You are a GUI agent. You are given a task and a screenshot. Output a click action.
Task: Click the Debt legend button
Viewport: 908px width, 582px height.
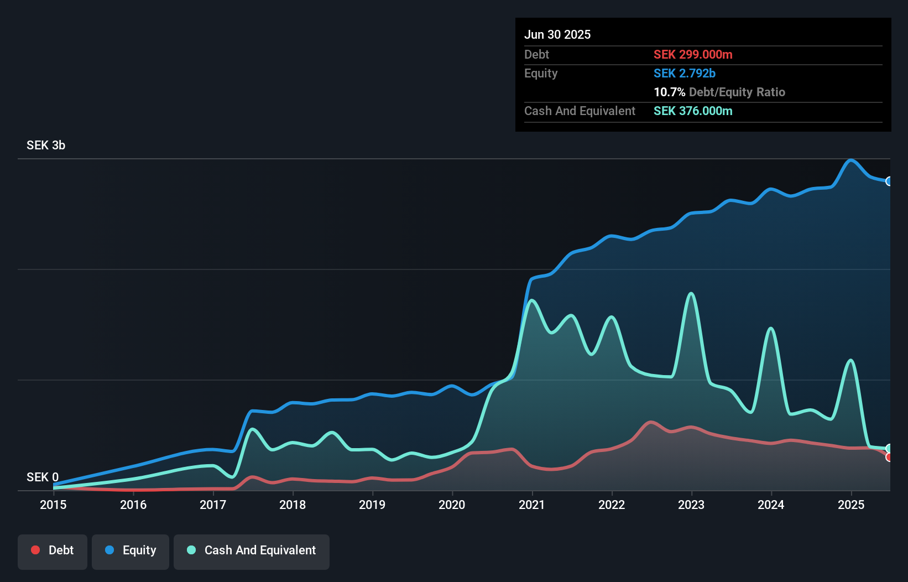tap(53, 550)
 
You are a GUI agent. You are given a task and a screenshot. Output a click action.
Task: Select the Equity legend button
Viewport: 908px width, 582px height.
tap(131, 550)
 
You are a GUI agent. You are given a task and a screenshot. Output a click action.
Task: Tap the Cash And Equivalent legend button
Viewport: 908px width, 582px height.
tap(252, 550)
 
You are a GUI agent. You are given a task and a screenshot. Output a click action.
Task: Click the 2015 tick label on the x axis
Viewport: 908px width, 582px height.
tap(53, 505)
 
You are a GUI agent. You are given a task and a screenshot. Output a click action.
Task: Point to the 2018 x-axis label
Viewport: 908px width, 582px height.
tap(293, 505)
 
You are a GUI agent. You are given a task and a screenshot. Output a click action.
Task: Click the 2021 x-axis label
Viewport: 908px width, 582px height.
tap(531, 505)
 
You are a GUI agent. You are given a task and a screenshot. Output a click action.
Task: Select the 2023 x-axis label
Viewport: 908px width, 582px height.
tap(691, 505)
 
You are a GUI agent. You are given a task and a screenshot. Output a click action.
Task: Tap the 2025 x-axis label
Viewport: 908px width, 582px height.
tap(851, 505)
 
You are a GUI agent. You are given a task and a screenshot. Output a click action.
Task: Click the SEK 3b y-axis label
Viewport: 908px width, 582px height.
tap(46, 145)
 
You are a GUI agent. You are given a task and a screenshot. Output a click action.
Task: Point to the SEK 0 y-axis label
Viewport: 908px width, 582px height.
tap(43, 477)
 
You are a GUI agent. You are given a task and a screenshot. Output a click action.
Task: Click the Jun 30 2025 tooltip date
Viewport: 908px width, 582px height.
tap(557, 35)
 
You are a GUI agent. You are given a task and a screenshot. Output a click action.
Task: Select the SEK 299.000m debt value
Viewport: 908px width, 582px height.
tap(693, 55)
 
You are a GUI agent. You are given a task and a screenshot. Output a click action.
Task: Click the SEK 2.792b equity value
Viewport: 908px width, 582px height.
tap(685, 74)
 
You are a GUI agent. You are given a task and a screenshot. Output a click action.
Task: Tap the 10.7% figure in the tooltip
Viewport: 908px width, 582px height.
tap(669, 92)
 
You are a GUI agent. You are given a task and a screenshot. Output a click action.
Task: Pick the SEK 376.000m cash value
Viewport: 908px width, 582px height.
tap(693, 111)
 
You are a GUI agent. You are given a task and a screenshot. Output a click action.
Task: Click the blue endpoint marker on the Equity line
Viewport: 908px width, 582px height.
tap(889, 181)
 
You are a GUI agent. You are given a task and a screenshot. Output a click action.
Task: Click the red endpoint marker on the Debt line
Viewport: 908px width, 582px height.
tap(889, 457)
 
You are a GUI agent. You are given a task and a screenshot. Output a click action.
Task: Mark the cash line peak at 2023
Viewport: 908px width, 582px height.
tap(691, 294)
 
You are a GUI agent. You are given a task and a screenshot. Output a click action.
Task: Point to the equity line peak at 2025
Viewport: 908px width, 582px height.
tap(851, 160)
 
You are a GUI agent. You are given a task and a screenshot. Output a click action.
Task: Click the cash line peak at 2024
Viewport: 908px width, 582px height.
tap(771, 329)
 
